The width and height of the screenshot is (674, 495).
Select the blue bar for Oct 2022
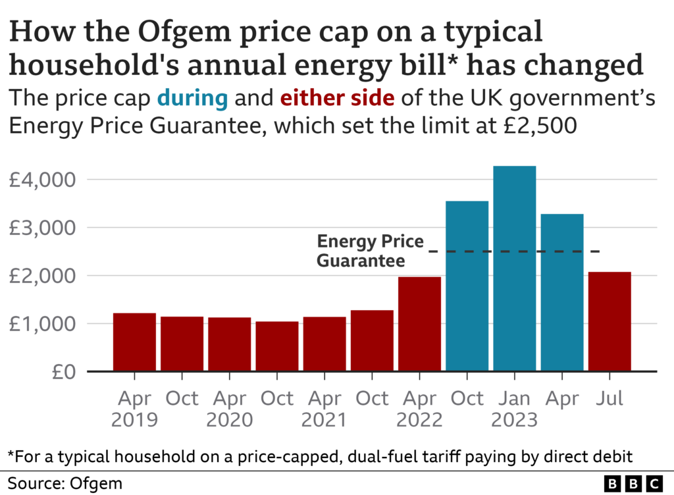point(467,286)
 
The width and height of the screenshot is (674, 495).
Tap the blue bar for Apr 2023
point(562,293)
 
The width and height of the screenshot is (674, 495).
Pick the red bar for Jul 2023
point(609,322)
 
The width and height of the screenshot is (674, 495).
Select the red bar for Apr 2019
point(134,342)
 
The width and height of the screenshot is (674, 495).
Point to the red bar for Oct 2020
point(277,346)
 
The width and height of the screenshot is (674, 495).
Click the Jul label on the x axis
point(609,399)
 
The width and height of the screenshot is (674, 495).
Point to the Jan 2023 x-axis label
point(514,409)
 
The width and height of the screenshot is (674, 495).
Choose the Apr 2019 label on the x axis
point(134,409)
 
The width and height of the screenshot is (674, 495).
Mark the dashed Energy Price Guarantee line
point(513,251)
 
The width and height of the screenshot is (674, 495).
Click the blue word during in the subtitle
point(192,99)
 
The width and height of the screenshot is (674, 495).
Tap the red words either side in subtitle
point(337,99)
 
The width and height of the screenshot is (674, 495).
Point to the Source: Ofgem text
point(65,484)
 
